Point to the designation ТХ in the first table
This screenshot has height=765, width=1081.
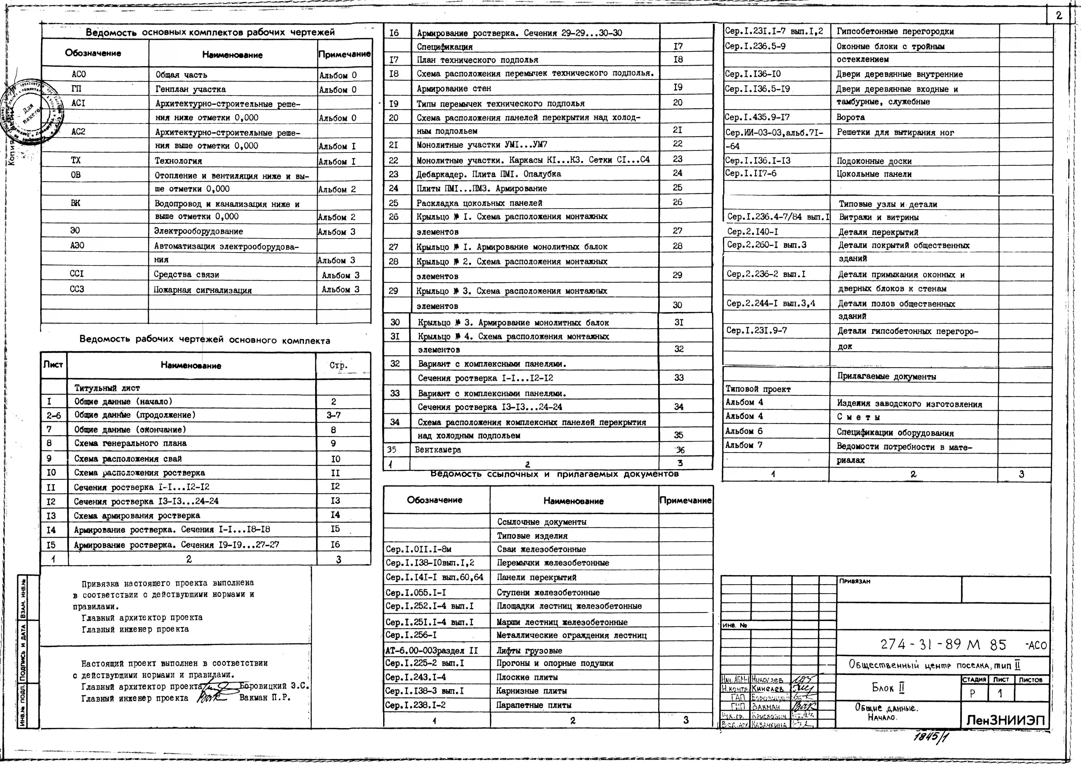pos(76,160)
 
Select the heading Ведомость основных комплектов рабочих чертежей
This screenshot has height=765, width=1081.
pos(210,32)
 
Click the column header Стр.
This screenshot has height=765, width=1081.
pos(338,365)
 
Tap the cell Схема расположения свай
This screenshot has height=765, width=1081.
pos(128,458)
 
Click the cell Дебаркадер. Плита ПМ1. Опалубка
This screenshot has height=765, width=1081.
pos(488,174)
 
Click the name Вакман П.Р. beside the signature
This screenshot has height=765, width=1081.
pos(265,698)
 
